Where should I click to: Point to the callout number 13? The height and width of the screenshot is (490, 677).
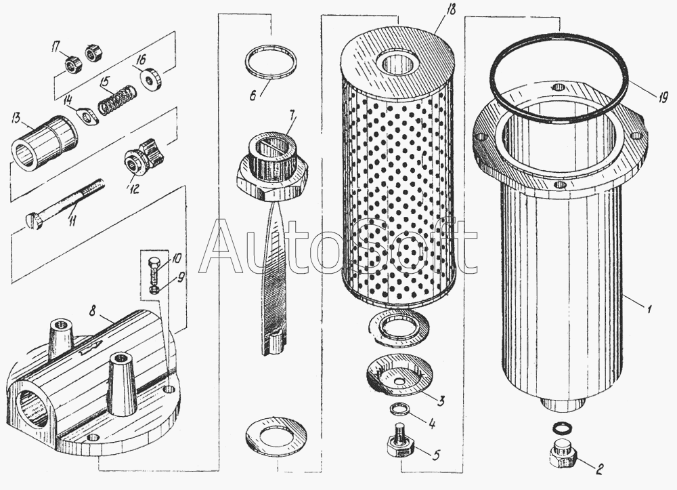pos(17,117)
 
